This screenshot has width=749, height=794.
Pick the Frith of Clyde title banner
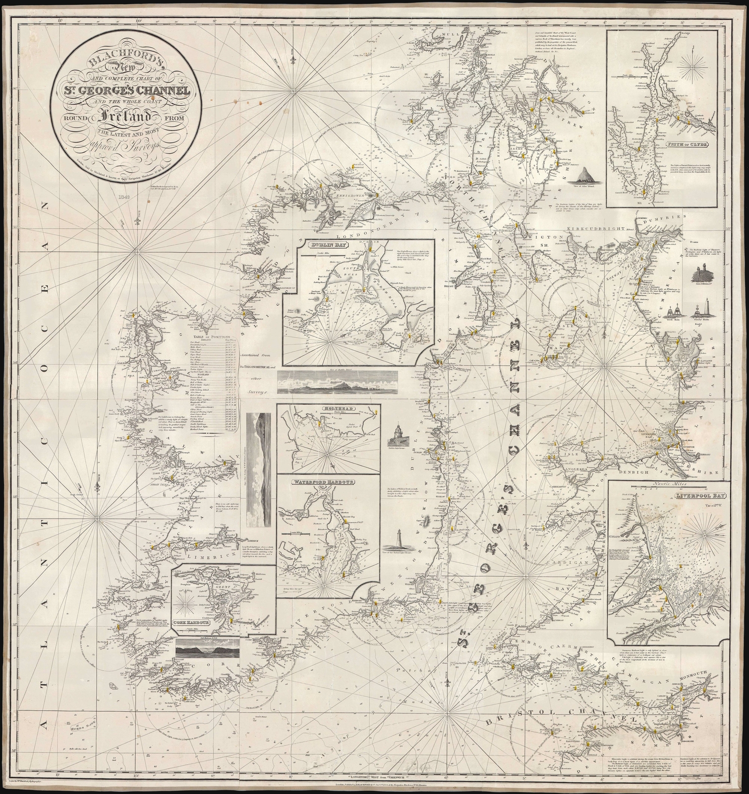(x=690, y=145)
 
